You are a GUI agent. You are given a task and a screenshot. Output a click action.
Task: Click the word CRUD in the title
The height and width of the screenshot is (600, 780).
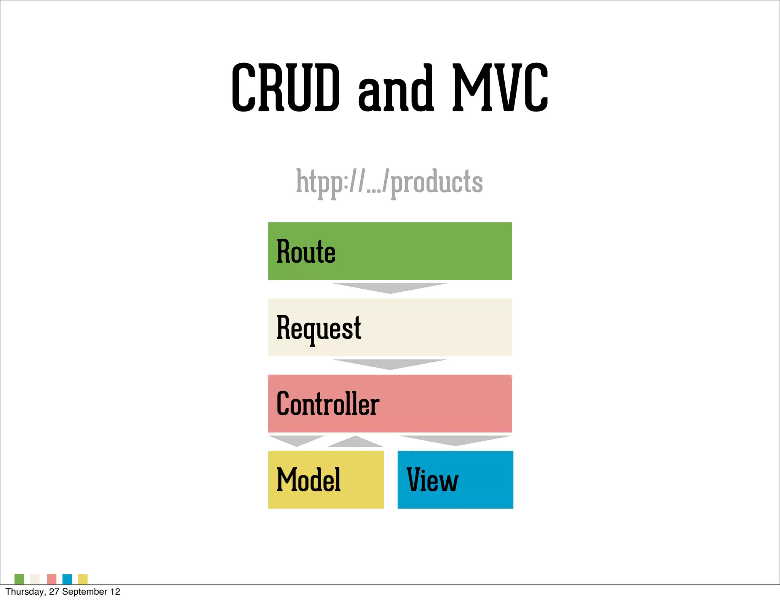[x=285, y=88]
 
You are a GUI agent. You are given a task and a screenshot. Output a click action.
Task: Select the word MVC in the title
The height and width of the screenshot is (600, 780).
[x=500, y=88]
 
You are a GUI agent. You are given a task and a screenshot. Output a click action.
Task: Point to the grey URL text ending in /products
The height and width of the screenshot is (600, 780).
[x=389, y=182]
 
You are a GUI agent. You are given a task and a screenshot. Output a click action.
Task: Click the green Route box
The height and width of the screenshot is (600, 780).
[x=390, y=251]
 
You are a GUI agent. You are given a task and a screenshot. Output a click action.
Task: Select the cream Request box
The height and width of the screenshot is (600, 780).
[x=390, y=327]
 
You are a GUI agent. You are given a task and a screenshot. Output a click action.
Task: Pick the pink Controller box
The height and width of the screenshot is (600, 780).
[x=390, y=404]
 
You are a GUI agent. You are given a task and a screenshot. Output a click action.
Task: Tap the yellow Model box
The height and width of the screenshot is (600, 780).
[x=326, y=480]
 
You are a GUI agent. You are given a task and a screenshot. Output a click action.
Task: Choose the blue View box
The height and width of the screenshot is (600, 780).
[x=455, y=480]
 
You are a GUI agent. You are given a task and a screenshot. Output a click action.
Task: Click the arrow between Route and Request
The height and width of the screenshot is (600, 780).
[x=390, y=288]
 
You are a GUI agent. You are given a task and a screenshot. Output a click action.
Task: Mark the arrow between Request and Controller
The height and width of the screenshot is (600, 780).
[x=390, y=364]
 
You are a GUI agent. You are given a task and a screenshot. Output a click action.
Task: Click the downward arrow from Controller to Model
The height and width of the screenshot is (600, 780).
[x=297, y=440]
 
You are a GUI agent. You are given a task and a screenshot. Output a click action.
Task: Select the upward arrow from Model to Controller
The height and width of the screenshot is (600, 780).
[x=355, y=442]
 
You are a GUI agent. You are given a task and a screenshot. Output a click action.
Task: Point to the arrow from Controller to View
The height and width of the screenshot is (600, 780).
[x=455, y=440]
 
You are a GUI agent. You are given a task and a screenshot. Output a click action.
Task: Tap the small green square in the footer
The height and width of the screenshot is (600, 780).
[x=19, y=579]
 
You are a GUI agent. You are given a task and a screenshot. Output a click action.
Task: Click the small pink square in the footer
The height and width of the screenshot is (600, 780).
[x=51, y=579]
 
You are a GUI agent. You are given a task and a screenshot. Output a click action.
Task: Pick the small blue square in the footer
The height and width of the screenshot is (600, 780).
[x=67, y=579]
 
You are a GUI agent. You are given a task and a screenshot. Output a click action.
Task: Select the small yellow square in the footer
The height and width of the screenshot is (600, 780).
[x=83, y=579]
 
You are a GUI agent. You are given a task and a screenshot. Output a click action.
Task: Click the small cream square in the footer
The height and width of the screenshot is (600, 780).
[x=35, y=579]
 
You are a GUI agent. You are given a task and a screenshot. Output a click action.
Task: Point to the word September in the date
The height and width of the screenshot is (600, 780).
[x=85, y=592]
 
